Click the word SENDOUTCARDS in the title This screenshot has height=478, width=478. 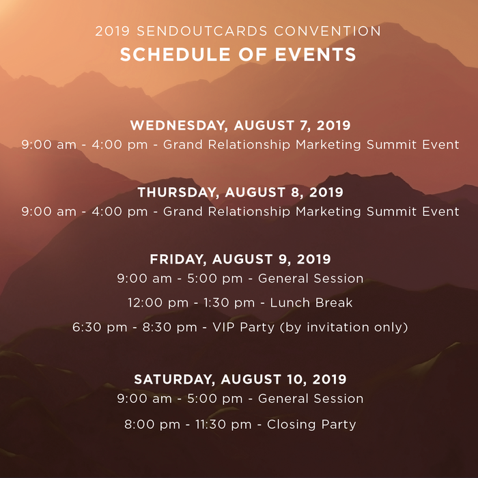202,31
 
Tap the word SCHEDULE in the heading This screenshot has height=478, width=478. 175,55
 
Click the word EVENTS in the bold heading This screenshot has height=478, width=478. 315,55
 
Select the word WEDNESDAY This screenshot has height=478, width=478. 179,126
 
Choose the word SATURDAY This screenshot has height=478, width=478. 174,380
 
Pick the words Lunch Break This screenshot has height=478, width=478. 311,303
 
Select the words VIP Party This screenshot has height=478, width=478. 243,327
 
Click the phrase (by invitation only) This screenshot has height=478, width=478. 344,327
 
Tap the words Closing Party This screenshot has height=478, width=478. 311,425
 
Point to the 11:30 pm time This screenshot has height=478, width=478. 223,425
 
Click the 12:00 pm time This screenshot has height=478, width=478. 158,303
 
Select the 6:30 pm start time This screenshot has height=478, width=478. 100,327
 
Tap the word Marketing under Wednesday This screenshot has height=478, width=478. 328,145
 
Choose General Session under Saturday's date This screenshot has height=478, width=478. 311,399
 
